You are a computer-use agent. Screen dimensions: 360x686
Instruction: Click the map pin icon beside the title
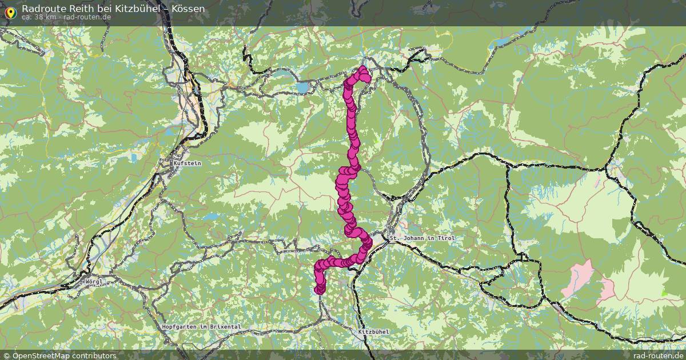point(10,11)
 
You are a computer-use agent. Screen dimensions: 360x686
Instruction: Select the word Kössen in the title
point(188,9)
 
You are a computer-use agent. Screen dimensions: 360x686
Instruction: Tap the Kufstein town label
point(187,163)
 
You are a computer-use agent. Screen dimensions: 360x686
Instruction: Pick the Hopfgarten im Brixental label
point(201,326)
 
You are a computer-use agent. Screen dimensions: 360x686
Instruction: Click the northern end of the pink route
point(362,70)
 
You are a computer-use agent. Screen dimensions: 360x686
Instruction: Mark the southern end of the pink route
point(320,290)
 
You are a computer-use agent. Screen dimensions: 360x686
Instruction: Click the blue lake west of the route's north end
point(302,87)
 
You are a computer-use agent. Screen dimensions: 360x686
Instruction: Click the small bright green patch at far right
point(664,294)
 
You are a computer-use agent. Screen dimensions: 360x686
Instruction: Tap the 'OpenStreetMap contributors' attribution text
point(64,355)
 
